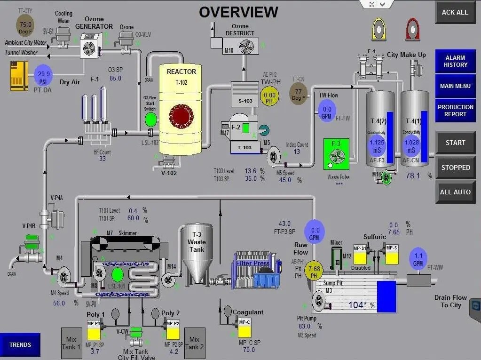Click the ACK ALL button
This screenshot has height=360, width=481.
[x=455, y=13]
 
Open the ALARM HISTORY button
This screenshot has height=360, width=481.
[x=455, y=61]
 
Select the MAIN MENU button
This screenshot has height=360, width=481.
[x=455, y=86]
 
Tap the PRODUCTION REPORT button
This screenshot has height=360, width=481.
[x=455, y=111]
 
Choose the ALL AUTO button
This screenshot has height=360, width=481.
[x=455, y=192]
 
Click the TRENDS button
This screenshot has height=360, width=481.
[x=20, y=345]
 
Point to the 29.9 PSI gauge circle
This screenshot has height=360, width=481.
[x=44, y=74]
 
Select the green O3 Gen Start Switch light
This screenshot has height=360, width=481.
[x=150, y=119]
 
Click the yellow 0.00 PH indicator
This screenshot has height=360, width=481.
[x=270, y=97]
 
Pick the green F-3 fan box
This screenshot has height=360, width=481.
[x=336, y=154]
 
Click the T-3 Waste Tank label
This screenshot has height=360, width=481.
[x=197, y=242]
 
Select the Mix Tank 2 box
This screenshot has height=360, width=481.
[x=194, y=343]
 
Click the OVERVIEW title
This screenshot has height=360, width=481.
[x=238, y=12]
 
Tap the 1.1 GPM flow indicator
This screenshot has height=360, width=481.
[x=418, y=258]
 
